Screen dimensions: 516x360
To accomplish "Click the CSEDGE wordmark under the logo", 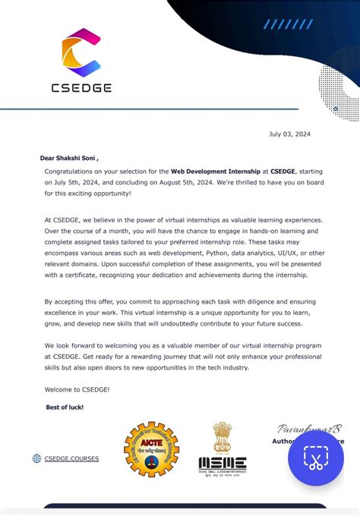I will tap(81, 87).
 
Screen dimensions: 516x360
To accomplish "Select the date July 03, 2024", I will tap(289, 134).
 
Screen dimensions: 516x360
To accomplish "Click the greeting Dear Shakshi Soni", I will tap(69, 159).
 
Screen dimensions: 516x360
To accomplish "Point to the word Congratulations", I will tap(73, 172).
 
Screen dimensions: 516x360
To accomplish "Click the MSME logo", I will tap(222, 464).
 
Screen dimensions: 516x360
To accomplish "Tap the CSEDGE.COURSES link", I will tap(71, 458).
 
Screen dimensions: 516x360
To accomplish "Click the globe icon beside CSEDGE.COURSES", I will tap(36, 458).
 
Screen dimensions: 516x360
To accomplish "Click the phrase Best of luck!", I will tap(65, 407).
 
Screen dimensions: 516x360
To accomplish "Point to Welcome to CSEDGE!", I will tap(77, 389).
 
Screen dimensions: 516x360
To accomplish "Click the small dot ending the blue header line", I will tap(336, 109).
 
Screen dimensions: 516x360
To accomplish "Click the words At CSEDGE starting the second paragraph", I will tap(62, 219).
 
